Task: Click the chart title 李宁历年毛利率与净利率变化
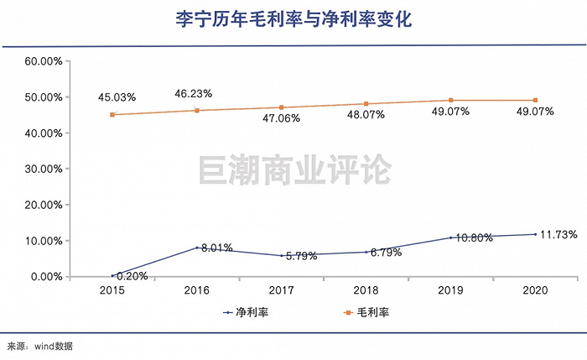coord(293,18)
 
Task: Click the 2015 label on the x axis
coord(112,290)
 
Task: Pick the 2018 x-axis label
coord(366,290)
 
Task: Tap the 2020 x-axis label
coord(536,290)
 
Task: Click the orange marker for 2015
coord(112,115)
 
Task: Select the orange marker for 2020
coord(536,100)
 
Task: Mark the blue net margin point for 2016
coord(197,248)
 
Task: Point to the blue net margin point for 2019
coord(451,237)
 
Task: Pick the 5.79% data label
coord(299,256)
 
